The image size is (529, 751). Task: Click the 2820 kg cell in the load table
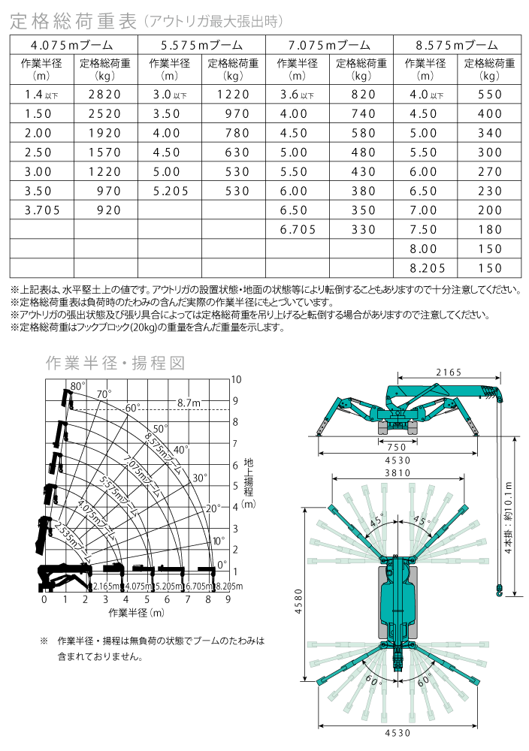click(x=104, y=95)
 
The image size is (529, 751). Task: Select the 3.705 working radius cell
click(x=42, y=211)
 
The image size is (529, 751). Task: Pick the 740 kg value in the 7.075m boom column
click(x=362, y=114)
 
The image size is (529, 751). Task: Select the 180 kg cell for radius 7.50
click(x=488, y=231)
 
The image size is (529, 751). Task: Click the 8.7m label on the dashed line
click(x=189, y=403)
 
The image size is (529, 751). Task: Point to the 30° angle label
click(x=200, y=478)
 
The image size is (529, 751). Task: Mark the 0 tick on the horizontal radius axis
click(x=44, y=599)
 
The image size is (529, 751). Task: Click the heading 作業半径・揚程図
click(x=115, y=363)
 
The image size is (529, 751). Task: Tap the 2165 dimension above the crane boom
click(x=448, y=372)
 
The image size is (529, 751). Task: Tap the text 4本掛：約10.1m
click(x=509, y=517)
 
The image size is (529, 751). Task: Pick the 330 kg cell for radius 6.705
click(x=362, y=231)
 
